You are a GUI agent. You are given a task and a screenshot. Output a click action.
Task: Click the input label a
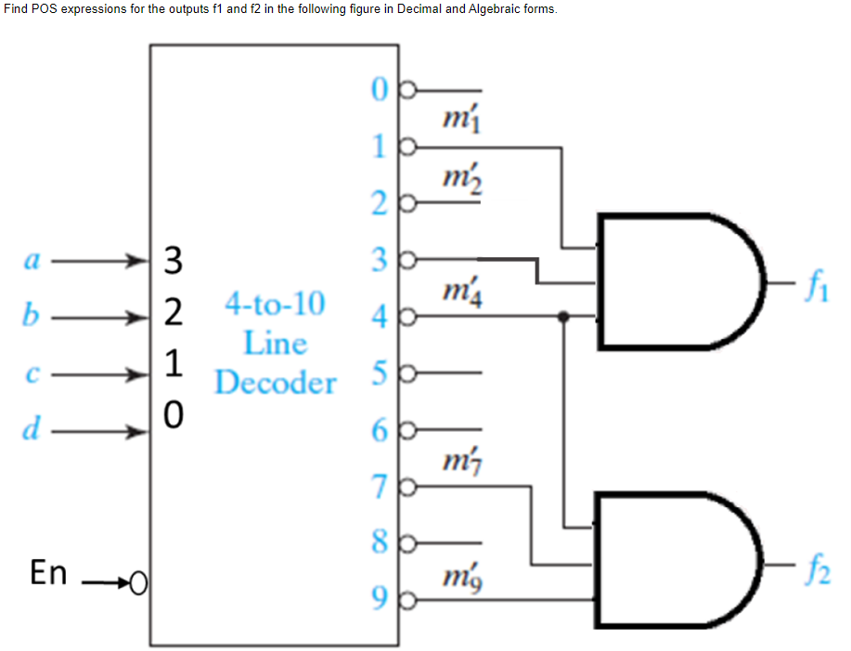tap(30, 262)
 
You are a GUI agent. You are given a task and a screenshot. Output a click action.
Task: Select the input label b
tap(30, 317)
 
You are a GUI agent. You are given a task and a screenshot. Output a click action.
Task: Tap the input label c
tap(30, 375)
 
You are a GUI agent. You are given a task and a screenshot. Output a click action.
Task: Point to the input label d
tap(31, 430)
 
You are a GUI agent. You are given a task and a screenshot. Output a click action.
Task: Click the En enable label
tap(48, 573)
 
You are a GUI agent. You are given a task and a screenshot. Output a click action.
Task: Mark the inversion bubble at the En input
tap(138, 584)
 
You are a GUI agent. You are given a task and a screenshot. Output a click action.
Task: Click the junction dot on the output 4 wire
tap(562, 316)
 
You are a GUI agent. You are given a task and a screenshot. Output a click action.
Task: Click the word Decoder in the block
tap(275, 383)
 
